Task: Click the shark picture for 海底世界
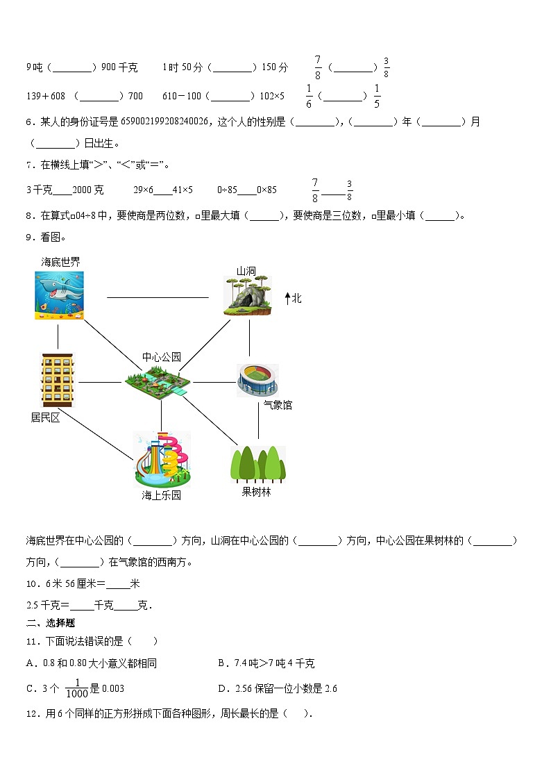tap(60, 295)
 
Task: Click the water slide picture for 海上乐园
tap(162, 459)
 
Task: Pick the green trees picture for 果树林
tap(257, 463)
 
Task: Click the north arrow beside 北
tap(287, 299)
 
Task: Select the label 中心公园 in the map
tap(161, 357)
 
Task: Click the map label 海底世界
tap(60, 262)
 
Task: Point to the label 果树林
tap(256, 492)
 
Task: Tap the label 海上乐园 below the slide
tap(162, 495)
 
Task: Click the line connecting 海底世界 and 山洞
tap(158, 297)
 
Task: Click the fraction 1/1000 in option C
tap(78, 688)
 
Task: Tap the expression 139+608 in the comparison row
tap(46, 96)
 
